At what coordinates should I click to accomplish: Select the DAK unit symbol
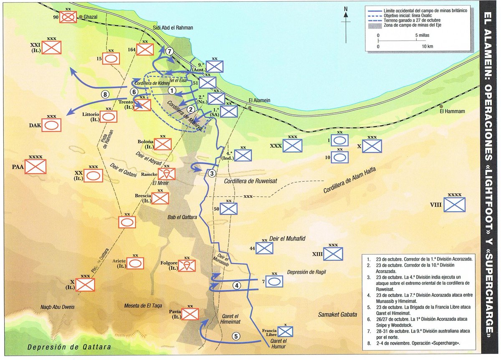point(52,125)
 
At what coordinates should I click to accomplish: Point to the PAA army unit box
point(35,167)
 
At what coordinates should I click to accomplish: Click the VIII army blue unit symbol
point(455,205)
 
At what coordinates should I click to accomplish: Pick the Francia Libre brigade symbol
point(285,332)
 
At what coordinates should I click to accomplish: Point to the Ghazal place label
point(90,17)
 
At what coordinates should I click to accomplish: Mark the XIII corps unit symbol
point(333,254)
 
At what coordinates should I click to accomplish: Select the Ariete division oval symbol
point(135,263)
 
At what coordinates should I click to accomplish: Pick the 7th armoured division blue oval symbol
point(274,281)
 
